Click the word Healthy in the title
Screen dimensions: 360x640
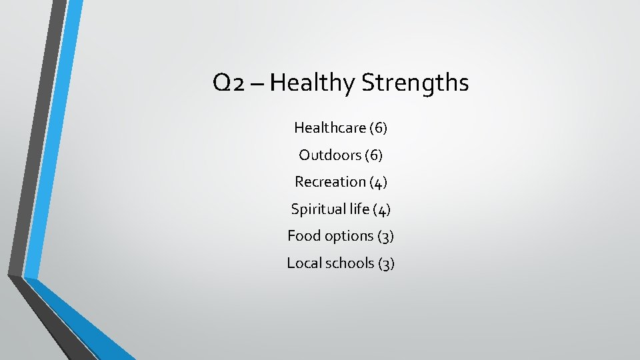(x=313, y=83)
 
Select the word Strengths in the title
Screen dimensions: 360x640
(x=415, y=83)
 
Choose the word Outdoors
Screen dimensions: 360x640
(x=330, y=155)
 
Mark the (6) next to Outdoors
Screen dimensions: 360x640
(x=373, y=155)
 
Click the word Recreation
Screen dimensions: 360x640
(x=330, y=181)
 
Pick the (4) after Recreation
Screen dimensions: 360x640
(x=378, y=182)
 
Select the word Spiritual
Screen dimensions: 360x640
(x=317, y=209)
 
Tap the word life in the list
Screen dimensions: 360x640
(x=359, y=209)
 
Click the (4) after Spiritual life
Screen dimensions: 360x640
(x=382, y=209)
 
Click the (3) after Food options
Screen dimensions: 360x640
(x=386, y=236)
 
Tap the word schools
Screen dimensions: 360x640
(x=349, y=263)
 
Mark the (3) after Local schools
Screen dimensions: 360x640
(x=387, y=263)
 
